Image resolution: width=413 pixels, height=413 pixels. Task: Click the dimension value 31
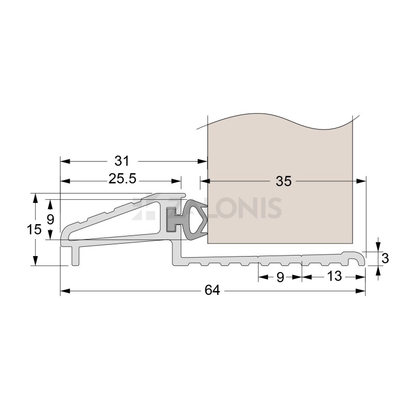point(123,161)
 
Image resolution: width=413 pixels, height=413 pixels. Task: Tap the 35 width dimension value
point(283,181)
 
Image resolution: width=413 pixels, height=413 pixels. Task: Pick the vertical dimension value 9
point(50,219)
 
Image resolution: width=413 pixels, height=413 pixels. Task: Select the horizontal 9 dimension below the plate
point(280,277)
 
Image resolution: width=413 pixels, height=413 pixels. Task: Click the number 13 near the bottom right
point(334,277)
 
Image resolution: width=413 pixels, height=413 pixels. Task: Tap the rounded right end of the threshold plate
point(360,258)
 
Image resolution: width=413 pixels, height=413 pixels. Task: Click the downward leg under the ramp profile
point(76,256)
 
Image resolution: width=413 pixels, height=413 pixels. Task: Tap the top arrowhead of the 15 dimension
point(35,197)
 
